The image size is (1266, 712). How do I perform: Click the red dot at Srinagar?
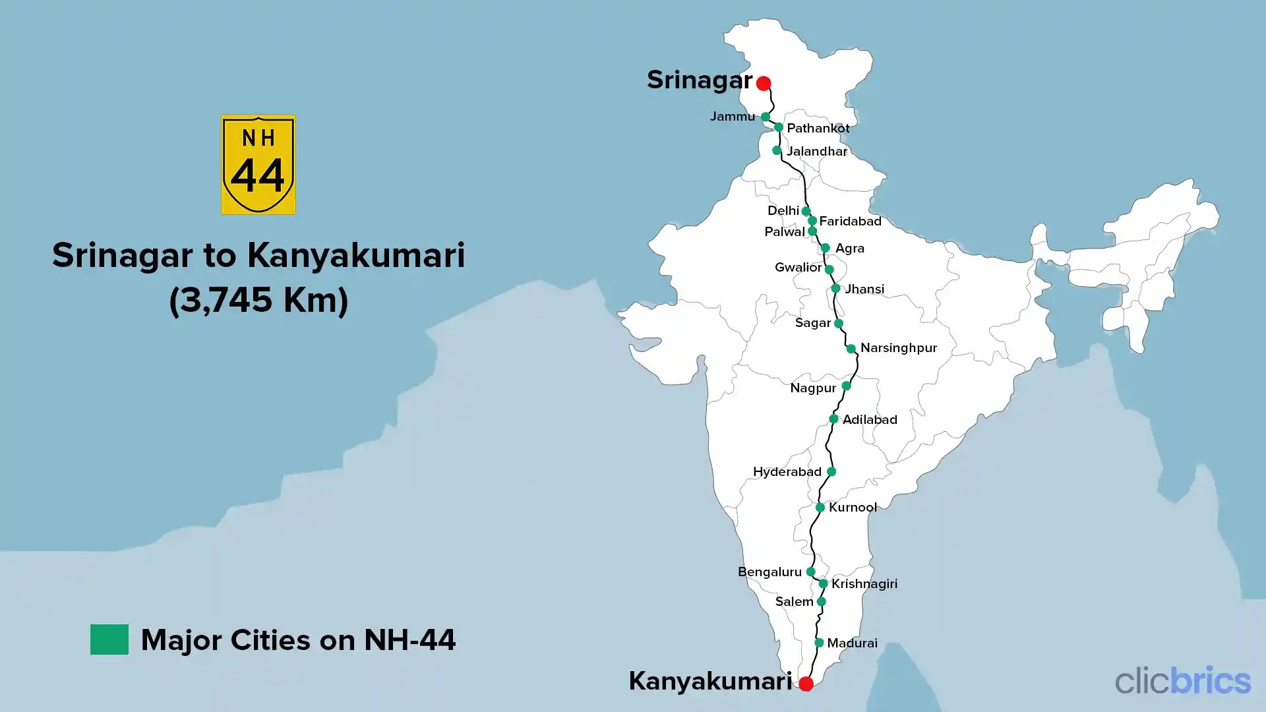click(764, 83)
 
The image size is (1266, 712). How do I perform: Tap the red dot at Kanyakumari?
click(806, 684)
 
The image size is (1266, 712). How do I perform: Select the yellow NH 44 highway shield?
click(258, 165)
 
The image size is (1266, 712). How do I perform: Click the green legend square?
click(109, 639)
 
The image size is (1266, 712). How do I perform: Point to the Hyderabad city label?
click(787, 471)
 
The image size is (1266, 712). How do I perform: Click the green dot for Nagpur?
click(846, 386)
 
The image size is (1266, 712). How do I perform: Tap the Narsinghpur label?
click(898, 347)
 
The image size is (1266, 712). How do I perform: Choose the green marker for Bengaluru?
click(810, 572)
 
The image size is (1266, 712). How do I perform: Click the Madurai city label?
click(852, 643)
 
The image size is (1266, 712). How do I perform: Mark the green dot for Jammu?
click(766, 117)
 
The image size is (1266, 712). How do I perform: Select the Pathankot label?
click(818, 128)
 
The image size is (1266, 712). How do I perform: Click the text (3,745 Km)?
click(258, 300)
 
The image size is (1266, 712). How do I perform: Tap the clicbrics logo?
click(1182, 680)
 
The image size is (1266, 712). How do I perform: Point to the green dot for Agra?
click(825, 248)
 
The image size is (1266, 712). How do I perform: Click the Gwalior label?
click(798, 267)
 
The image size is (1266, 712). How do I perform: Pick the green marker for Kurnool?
click(820, 508)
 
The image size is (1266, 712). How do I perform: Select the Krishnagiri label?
click(864, 583)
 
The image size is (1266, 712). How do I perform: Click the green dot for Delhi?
click(806, 211)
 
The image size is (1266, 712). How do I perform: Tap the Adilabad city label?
click(870, 419)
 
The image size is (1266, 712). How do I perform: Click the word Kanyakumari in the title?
click(356, 255)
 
